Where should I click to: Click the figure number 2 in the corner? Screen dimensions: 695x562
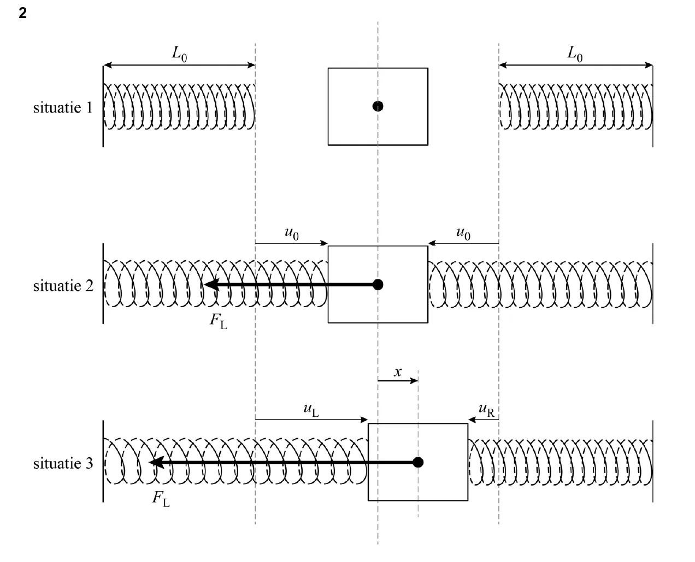tap(22, 13)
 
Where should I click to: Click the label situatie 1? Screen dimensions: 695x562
tap(63, 108)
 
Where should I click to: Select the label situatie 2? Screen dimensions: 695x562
tap(63, 286)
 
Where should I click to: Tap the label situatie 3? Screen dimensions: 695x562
tap(63, 463)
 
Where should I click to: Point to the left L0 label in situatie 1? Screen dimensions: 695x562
tap(179, 54)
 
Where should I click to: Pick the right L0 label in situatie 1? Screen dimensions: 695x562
tap(575, 54)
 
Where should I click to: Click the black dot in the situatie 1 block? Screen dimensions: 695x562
tap(378, 106)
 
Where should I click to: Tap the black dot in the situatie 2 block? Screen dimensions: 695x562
tap(378, 284)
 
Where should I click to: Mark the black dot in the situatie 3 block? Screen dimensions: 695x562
tap(417, 462)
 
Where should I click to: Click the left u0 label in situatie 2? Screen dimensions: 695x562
tap(291, 234)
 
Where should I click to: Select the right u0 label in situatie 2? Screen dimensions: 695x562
tap(463, 234)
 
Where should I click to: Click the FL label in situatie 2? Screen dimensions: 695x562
tap(219, 321)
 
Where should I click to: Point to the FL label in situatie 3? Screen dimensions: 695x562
tap(161, 499)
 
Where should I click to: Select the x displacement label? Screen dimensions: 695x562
tap(397, 372)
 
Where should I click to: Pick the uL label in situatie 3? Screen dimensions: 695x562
tap(311, 410)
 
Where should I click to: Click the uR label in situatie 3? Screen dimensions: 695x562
tap(486, 410)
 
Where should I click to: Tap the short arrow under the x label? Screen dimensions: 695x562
tap(398, 380)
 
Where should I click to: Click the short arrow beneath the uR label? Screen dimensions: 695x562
tap(483, 420)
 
